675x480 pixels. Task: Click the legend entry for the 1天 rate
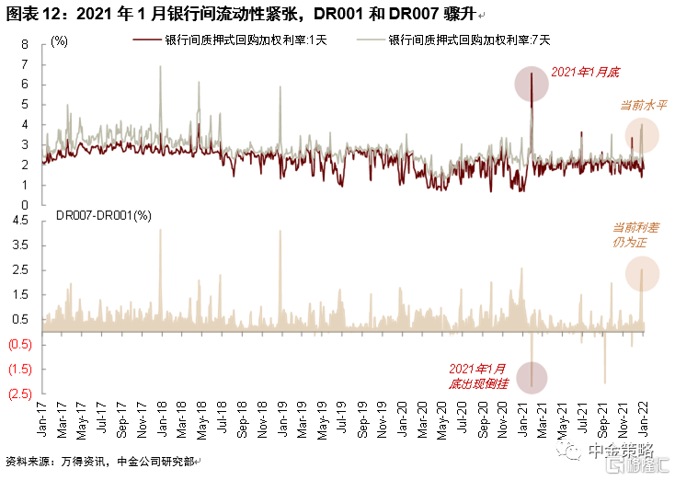tap(230, 40)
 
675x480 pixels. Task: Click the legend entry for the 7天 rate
tap(453, 40)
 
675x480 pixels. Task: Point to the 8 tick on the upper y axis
tap(25, 44)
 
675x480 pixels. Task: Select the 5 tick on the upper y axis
tap(25, 105)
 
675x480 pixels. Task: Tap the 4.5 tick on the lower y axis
tap(20, 221)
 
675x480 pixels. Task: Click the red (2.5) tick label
tap(20, 394)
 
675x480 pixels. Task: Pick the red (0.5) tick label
tap(20, 344)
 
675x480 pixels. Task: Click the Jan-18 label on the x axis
tap(162, 419)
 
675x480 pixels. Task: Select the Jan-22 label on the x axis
tap(644, 419)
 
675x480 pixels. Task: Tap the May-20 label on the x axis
tap(442, 420)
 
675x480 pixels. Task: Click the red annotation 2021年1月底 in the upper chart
tap(585, 73)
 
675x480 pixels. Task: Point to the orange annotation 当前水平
tap(643, 105)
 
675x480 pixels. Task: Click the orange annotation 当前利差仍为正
tap(635, 235)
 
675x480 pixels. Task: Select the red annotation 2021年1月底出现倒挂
tap(478, 376)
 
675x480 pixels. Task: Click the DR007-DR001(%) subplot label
tap(104, 215)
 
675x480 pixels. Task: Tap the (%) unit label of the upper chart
tap(59, 41)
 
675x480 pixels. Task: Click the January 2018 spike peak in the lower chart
tap(161, 230)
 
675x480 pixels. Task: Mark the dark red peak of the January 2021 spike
tap(532, 74)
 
